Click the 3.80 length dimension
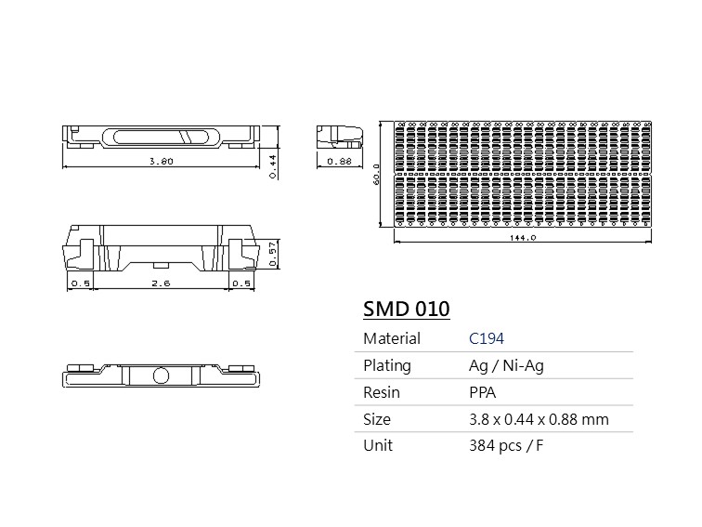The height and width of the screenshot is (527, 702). [x=162, y=162]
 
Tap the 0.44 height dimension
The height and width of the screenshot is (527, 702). [x=273, y=166]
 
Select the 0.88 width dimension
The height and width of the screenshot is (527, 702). [x=339, y=162]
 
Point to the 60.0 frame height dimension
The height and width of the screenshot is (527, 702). [x=376, y=174]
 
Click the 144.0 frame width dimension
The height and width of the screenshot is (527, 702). [x=523, y=238]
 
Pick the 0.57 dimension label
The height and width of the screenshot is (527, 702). [x=273, y=254]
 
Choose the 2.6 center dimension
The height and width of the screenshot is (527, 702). [x=161, y=283]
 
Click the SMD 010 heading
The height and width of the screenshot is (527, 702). [x=406, y=309]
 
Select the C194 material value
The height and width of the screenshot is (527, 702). [x=487, y=338]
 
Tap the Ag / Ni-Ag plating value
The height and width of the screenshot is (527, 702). [x=506, y=365]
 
